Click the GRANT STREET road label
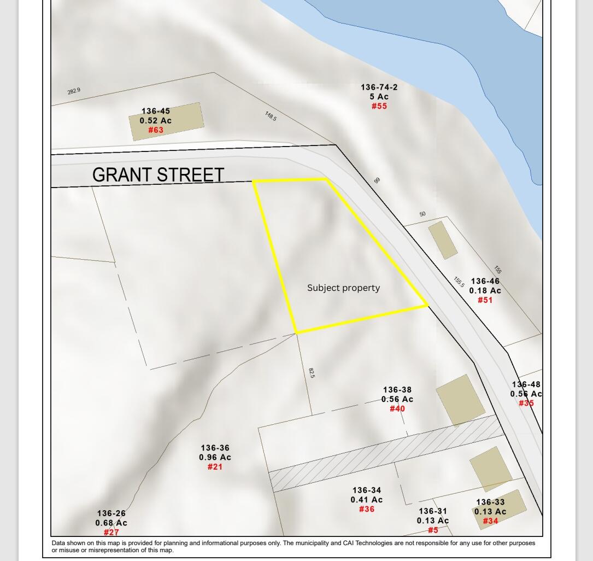[x=158, y=175]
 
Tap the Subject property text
[x=343, y=288]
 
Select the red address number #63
[x=156, y=130]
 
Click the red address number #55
[x=379, y=106]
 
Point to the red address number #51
[x=485, y=300]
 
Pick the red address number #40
[x=397, y=409]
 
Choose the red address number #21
[x=215, y=467]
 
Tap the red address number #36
[x=367, y=510]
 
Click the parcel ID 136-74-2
[x=379, y=87]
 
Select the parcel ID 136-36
[x=215, y=448]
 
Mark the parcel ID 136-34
[x=367, y=490]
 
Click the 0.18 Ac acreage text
[x=485, y=291]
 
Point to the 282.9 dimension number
[x=74, y=91]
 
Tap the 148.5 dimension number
[x=271, y=116]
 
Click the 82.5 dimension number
[x=312, y=373]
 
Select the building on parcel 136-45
[x=167, y=121]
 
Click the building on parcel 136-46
[x=443, y=240]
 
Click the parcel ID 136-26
[x=111, y=513]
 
